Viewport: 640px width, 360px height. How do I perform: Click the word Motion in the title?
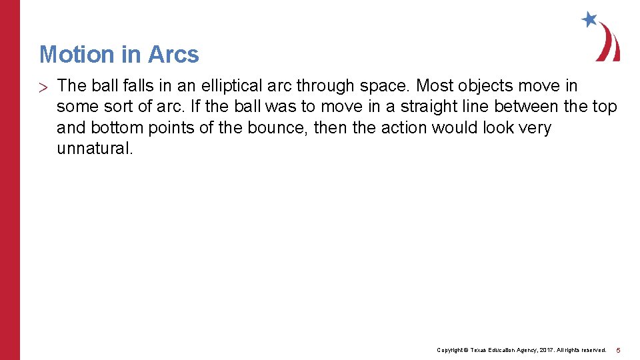pyautogui.click(x=75, y=54)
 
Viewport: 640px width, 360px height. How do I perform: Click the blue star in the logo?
pyautogui.click(x=589, y=19)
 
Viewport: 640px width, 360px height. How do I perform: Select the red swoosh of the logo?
pyautogui.click(x=609, y=44)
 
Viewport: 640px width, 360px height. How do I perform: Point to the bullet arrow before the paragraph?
pyautogui.click(x=43, y=87)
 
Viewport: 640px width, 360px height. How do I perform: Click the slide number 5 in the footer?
pyautogui.click(x=618, y=350)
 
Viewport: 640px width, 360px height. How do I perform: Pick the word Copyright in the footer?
pyautogui.click(x=450, y=350)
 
